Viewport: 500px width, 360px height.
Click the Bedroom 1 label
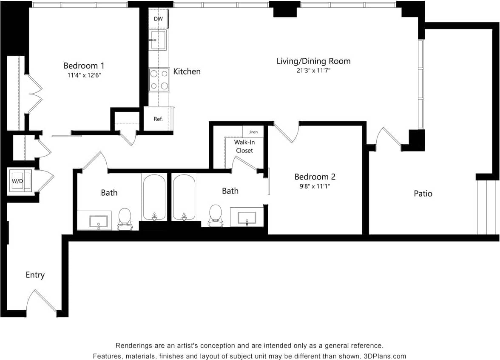click(84, 66)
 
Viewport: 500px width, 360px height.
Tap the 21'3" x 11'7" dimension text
click(314, 71)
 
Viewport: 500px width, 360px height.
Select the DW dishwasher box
click(158, 19)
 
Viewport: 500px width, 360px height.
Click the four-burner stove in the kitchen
click(159, 80)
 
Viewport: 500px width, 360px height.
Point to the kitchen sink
click(158, 40)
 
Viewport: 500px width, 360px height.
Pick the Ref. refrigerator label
click(158, 119)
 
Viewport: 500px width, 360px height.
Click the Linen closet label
click(253, 132)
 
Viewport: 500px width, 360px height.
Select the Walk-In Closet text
click(244, 146)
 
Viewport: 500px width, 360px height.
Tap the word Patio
click(423, 194)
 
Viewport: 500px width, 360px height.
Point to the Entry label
click(35, 275)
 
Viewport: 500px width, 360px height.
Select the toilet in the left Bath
click(125, 218)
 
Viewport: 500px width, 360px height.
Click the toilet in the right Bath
click(216, 215)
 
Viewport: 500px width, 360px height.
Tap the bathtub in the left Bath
click(154, 196)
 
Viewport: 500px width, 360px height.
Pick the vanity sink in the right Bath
click(247, 217)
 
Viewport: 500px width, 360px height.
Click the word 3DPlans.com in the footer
click(384, 356)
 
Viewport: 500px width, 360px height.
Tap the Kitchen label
click(187, 71)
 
